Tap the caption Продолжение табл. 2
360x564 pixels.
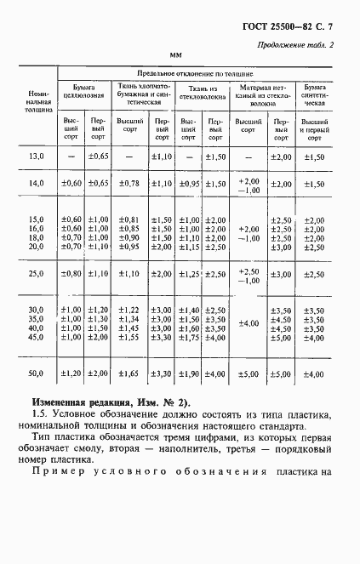click(x=291, y=44)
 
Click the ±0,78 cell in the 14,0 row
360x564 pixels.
click(x=129, y=184)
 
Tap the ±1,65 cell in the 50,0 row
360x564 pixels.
click(x=129, y=373)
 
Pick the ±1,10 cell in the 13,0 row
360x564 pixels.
click(x=160, y=157)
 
